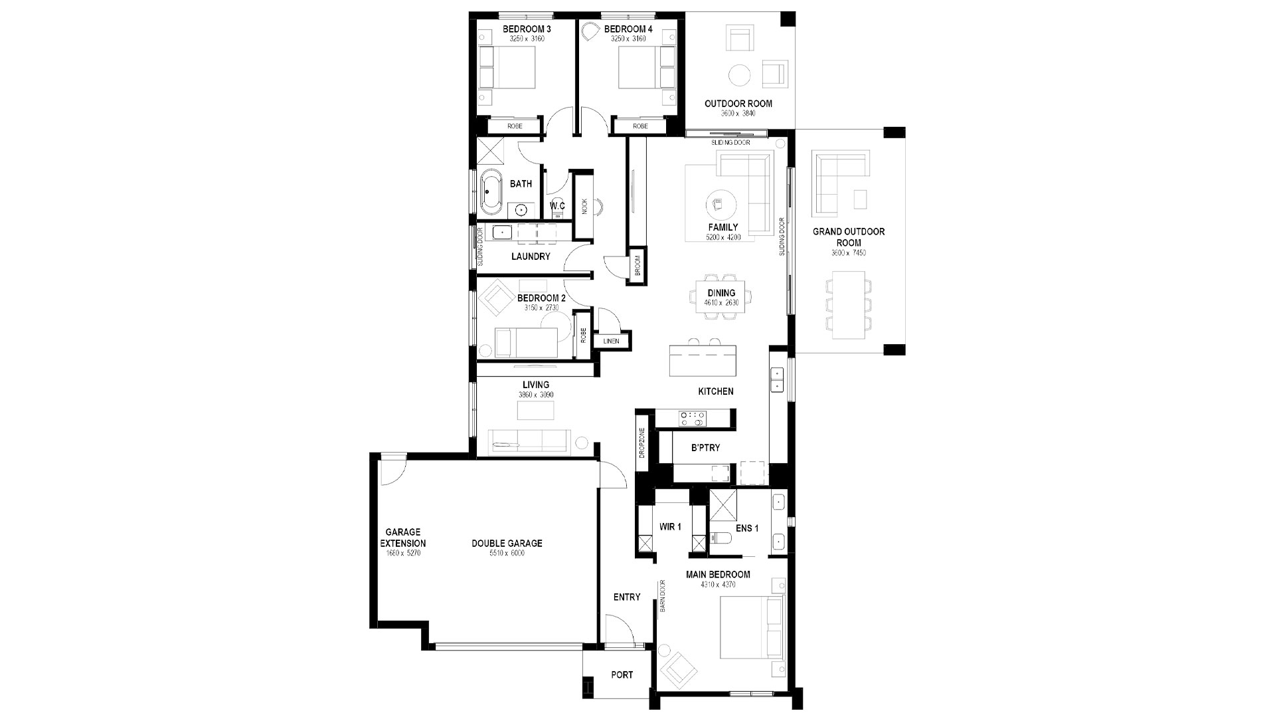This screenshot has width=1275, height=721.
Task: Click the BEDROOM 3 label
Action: click(527, 29)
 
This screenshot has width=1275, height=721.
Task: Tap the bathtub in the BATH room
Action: click(492, 193)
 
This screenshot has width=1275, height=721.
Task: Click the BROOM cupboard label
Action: click(637, 266)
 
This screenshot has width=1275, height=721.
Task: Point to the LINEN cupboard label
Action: click(611, 342)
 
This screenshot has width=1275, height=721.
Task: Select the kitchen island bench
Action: click(704, 360)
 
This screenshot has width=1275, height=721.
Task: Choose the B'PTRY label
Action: click(705, 448)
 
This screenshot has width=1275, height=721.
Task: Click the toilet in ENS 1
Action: click(719, 541)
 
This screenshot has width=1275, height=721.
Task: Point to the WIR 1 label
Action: click(670, 527)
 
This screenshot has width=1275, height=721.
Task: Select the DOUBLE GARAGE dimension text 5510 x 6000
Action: click(507, 553)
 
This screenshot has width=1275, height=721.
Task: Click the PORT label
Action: click(622, 675)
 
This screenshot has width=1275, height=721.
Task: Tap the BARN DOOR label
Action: click(663, 596)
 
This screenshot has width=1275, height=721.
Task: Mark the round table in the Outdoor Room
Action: click(740, 74)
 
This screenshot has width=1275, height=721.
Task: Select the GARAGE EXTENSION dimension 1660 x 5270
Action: click(404, 553)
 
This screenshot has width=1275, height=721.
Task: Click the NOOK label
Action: click(585, 206)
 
